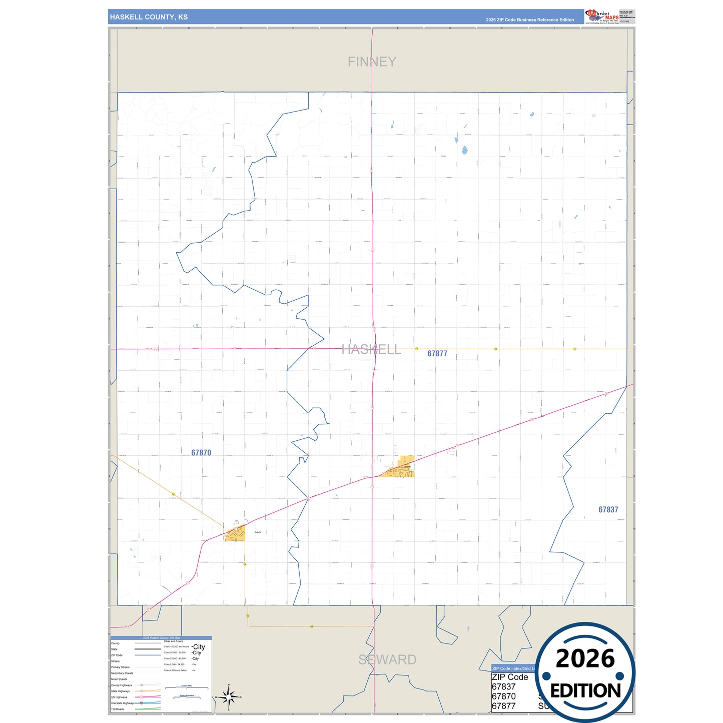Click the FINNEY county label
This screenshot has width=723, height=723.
(x=372, y=62)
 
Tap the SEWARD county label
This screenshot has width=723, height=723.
(x=387, y=659)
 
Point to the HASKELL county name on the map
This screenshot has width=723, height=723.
(x=371, y=349)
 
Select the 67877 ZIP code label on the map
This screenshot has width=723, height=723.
(x=437, y=354)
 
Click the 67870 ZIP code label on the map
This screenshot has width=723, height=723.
(x=201, y=453)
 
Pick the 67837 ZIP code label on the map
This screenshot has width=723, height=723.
(x=608, y=510)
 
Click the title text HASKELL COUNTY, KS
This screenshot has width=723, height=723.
(x=149, y=17)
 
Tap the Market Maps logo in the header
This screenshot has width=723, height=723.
(x=601, y=16)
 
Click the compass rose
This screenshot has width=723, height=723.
(x=228, y=696)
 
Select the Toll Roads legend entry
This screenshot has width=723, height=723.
(x=118, y=709)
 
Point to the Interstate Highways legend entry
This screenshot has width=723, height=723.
(x=123, y=703)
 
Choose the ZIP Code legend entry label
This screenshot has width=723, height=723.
(x=117, y=655)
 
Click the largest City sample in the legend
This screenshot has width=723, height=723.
(x=199, y=647)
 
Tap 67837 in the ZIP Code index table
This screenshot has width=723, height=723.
(x=503, y=686)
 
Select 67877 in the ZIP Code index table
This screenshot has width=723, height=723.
(x=503, y=706)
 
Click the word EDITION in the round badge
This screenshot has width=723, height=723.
(x=585, y=691)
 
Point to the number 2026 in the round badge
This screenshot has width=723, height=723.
(x=585, y=658)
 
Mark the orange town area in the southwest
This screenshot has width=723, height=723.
(x=235, y=534)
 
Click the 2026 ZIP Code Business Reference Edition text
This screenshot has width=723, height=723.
(x=530, y=20)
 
